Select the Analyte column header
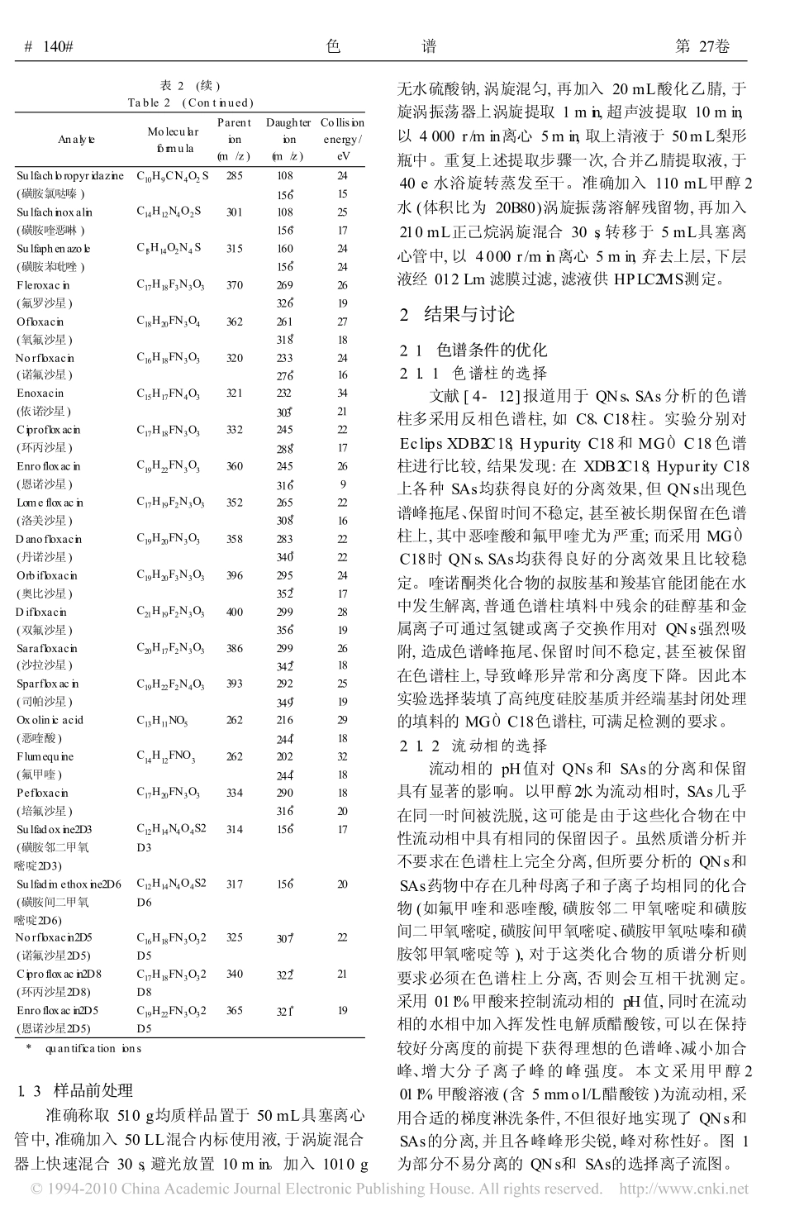pyautogui.click(x=76, y=140)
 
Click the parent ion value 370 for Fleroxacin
pyautogui.click(x=235, y=285)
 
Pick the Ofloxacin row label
pyautogui.click(x=40, y=322)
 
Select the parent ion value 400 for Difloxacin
pyautogui.click(x=235, y=612)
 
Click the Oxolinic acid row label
pyautogui.click(x=50, y=720)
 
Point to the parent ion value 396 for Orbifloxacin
pyautogui.click(x=235, y=575)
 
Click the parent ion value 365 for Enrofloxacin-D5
pyautogui.click(x=235, y=1010)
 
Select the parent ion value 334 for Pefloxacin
pyautogui.click(x=235, y=793)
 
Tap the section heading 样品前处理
pyautogui.click(x=93, y=1090)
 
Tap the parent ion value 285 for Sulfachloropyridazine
pyautogui.click(x=235, y=175)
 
